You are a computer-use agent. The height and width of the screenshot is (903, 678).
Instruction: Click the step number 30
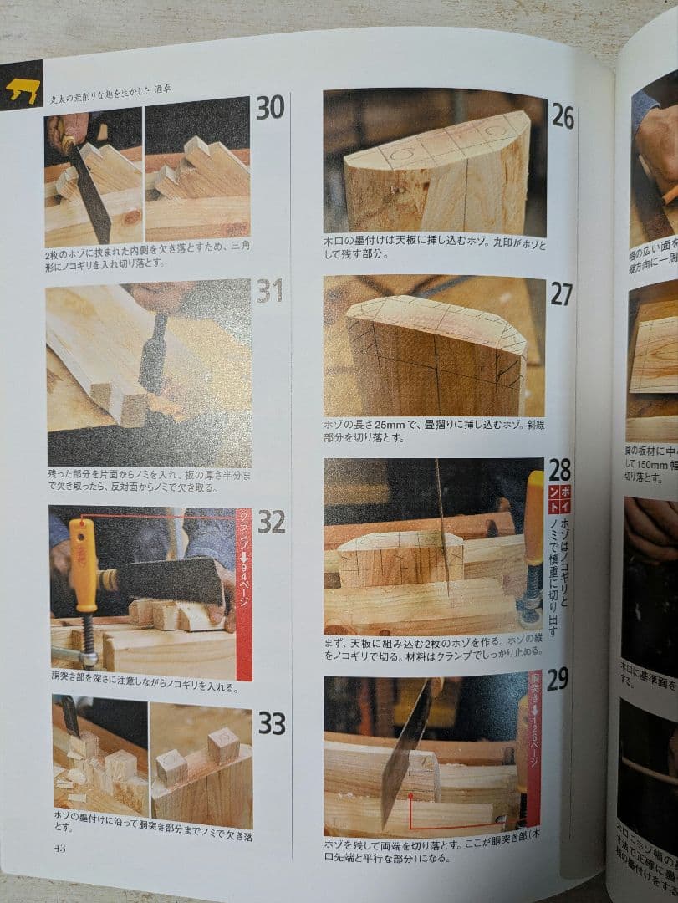[270, 108]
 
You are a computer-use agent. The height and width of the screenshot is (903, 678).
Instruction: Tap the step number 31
[270, 291]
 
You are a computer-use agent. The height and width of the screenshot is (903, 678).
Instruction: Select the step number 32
[271, 521]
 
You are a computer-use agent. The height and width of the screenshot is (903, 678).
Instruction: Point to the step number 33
[271, 723]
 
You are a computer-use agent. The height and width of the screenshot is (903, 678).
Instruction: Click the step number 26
[563, 117]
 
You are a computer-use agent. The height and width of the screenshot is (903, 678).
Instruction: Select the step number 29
[557, 679]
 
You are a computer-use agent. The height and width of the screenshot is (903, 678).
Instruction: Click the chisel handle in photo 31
[153, 352]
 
